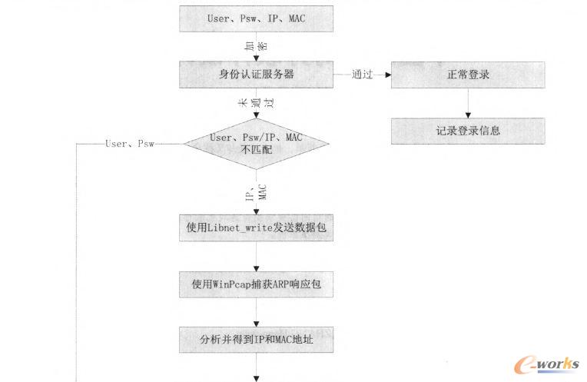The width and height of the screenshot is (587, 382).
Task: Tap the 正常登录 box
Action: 468,75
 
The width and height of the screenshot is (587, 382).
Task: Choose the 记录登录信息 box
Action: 468,131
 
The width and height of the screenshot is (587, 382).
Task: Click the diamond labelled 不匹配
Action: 257,143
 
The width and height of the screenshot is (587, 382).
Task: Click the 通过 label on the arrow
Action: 362,75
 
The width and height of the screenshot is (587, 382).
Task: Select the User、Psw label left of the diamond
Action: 129,144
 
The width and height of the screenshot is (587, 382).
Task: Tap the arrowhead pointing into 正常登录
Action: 387,75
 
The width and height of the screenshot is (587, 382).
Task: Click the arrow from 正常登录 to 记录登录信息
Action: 468,103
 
